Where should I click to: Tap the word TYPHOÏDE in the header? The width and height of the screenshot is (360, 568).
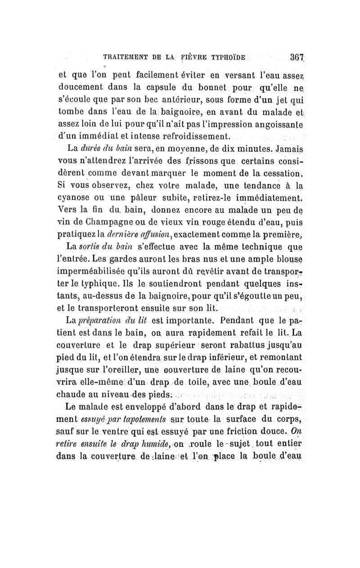[225, 58]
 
